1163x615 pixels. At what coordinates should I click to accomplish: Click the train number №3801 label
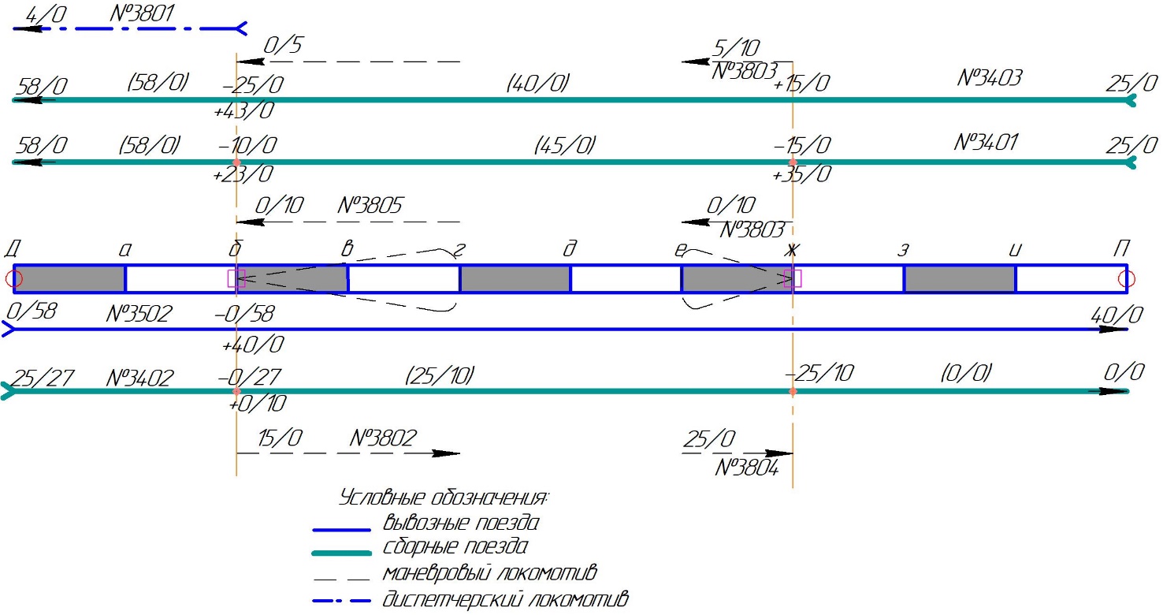point(141,13)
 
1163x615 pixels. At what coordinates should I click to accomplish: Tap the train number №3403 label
point(990,77)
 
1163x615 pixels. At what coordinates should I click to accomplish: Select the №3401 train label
point(986,142)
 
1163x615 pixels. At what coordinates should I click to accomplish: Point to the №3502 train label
point(139,313)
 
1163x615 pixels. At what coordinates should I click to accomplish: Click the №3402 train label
point(139,378)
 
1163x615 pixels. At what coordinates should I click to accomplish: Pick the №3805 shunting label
point(370,205)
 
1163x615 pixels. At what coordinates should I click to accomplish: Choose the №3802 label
point(383,438)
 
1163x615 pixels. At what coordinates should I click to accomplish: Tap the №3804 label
point(747,468)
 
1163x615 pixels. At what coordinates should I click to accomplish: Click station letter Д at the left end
point(13,249)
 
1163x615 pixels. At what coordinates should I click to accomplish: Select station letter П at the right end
point(1121,248)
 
